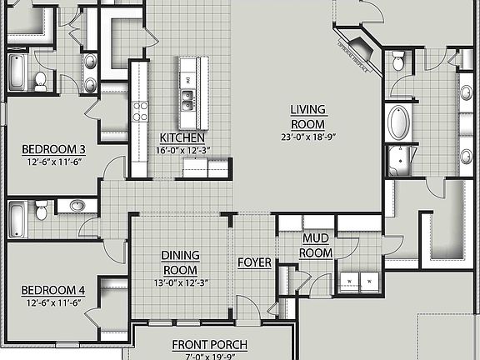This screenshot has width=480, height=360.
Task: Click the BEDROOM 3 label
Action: tap(53, 150)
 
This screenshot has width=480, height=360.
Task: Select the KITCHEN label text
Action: tap(182, 137)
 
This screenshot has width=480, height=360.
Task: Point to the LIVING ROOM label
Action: tap(307, 116)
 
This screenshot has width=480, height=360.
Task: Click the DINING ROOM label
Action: tap(180, 263)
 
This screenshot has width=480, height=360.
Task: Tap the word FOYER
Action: tap(254, 262)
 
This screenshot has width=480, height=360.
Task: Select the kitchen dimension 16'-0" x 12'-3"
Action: tap(182, 150)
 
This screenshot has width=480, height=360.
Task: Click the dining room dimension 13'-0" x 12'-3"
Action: tap(180, 282)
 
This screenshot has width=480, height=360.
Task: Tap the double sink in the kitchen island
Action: tap(188, 99)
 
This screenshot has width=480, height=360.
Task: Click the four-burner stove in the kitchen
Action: tap(140, 111)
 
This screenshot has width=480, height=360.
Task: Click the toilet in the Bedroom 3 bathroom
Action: tap(40, 80)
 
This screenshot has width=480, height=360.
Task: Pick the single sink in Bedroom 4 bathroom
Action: tap(77, 206)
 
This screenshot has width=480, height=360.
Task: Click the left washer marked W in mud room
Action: tap(348, 282)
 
